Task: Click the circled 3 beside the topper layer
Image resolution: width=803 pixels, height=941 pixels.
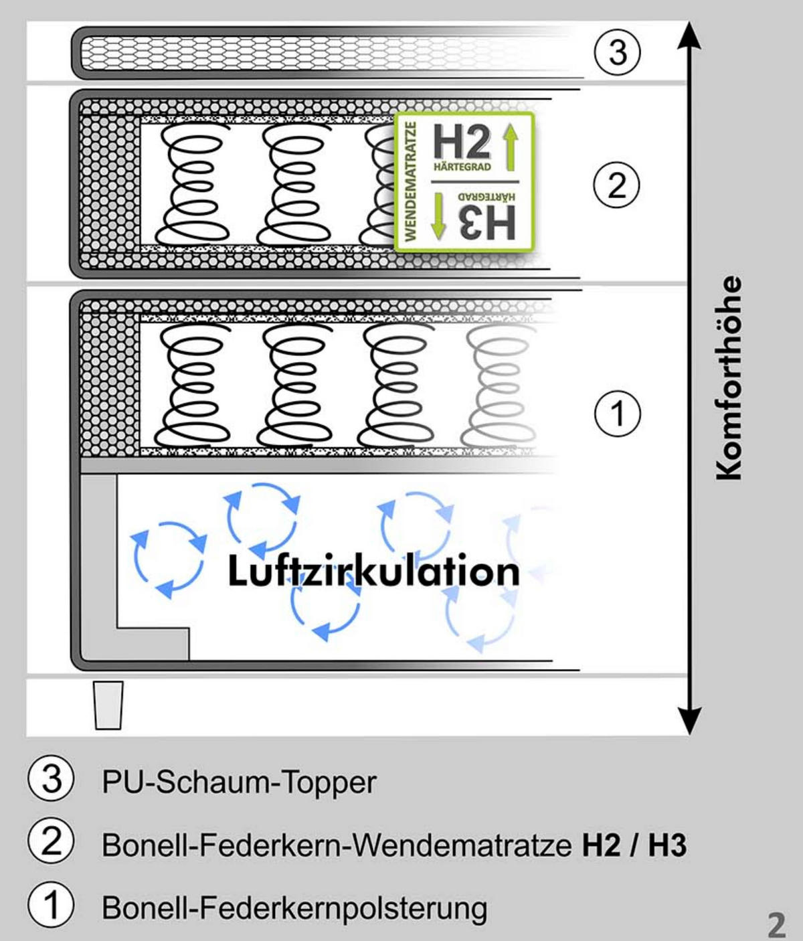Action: [617, 52]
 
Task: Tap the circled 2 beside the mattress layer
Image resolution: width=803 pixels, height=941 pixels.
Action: [616, 185]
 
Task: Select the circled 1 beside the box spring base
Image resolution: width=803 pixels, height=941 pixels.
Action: [617, 414]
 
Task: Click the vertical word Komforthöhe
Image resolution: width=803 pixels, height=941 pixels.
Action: [728, 377]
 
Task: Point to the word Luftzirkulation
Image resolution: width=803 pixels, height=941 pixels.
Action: [373, 570]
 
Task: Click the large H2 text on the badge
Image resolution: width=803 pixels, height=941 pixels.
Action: [462, 141]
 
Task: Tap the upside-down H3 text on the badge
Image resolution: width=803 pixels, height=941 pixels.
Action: [488, 222]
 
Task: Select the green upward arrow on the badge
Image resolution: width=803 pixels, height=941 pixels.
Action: [511, 147]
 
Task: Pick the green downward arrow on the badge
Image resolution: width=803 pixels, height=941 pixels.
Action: [438, 216]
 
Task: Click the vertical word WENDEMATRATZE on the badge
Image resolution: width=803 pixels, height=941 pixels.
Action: [410, 181]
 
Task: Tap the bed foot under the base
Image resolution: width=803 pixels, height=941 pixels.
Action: [108, 705]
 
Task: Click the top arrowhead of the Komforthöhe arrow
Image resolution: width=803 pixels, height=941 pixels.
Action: [689, 35]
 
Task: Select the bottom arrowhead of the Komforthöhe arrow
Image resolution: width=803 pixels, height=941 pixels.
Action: [689, 721]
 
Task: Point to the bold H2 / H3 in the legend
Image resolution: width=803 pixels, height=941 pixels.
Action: [634, 845]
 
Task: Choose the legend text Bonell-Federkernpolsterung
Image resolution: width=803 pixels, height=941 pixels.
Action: [294, 908]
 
